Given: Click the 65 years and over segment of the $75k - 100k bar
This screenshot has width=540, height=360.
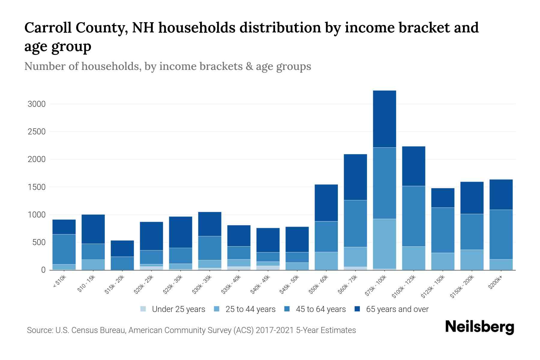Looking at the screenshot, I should (384, 119).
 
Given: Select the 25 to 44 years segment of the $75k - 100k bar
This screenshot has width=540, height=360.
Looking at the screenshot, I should (384, 244).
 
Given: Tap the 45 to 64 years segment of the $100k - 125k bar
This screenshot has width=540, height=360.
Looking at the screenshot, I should (413, 216).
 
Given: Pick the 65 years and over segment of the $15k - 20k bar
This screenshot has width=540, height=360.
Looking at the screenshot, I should (122, 248).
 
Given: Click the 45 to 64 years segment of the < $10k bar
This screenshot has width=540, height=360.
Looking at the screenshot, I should (64, 249).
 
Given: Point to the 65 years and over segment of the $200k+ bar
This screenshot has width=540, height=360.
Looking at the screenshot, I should (501, 194).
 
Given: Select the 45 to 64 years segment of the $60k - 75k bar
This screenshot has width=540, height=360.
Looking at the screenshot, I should (355, 223).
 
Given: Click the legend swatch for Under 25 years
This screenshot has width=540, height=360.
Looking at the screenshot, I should (143, 309).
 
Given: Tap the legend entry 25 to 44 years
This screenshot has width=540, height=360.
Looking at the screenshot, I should (250, 309).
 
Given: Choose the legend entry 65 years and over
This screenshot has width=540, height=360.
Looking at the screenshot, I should (397, 309).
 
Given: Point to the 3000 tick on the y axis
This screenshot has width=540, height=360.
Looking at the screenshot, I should (36, 104).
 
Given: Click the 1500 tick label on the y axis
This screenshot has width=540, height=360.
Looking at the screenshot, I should (36, 187).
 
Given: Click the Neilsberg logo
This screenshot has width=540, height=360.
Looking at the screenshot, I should (479, 327).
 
